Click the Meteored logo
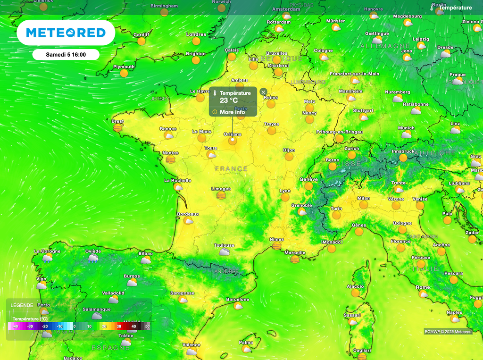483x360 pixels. tap(66, 33)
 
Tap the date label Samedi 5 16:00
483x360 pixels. tap(66, 55)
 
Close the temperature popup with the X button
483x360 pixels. tap(263, 92)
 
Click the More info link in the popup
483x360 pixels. tap(232, 112)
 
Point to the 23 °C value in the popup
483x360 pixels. tap(229, 100)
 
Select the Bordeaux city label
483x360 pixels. tap(188, 214)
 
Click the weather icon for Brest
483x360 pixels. tap(117, 127)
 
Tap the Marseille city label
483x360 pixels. tap(295, 253)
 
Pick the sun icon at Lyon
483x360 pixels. tap(285, 197)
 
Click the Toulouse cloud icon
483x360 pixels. tap(225, 252)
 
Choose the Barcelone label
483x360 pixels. tap(237, 300)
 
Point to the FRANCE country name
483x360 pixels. tap(231, 168)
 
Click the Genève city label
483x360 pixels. tap(308, 180)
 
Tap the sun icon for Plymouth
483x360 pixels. tap(124, 73)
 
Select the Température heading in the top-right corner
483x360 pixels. tap(455, 8)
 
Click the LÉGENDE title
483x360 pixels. tap(22, 305)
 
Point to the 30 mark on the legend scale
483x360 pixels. tap(119, 326)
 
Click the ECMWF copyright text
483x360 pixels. tap(448, 332)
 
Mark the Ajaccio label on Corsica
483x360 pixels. tap(355, 286)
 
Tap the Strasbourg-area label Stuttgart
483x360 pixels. tap(363, 110)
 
